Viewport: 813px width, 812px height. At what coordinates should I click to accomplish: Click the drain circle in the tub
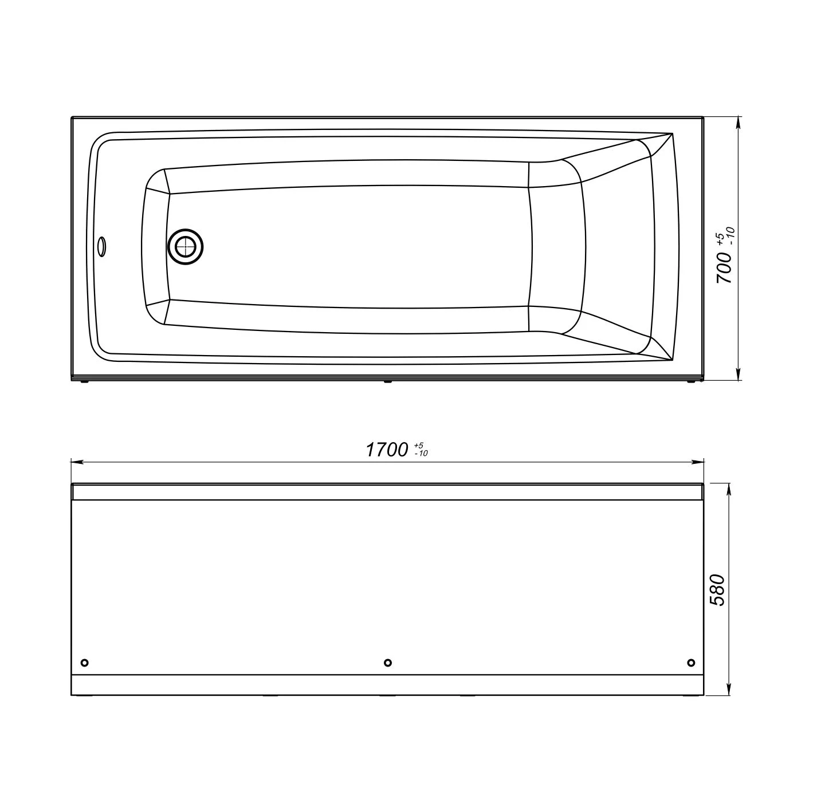185,247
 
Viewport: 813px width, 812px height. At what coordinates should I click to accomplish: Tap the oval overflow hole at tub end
101,247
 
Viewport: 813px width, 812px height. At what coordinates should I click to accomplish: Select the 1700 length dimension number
387,450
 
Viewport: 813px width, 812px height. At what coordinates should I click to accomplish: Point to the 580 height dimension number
717,590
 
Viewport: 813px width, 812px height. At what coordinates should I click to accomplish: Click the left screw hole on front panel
84,663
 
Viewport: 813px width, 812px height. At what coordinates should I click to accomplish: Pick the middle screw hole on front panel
388,663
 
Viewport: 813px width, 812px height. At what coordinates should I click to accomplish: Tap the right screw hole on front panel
691,663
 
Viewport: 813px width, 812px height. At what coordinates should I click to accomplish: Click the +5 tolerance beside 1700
418,446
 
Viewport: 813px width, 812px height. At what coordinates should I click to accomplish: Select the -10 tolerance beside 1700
421,454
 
